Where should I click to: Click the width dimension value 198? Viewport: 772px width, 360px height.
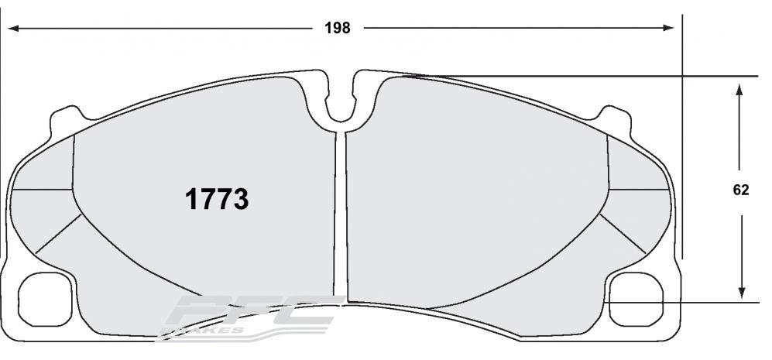pyautogui.click(x=338, y=29)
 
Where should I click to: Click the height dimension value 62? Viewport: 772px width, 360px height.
pyautogui.click(x=741, y=190)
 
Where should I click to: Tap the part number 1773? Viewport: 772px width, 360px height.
pyautogui.click(x=216, y=200)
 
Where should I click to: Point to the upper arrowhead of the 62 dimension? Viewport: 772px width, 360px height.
pyautogui.click(x=741, y=89)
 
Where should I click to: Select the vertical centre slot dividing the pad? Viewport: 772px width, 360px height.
pyautogui.click(x=341, y=217)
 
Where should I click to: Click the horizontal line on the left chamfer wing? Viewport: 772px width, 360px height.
pyautogui.click(x=43, y=189)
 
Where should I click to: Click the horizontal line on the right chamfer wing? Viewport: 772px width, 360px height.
pyautogui.click(x=638, y=188)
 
